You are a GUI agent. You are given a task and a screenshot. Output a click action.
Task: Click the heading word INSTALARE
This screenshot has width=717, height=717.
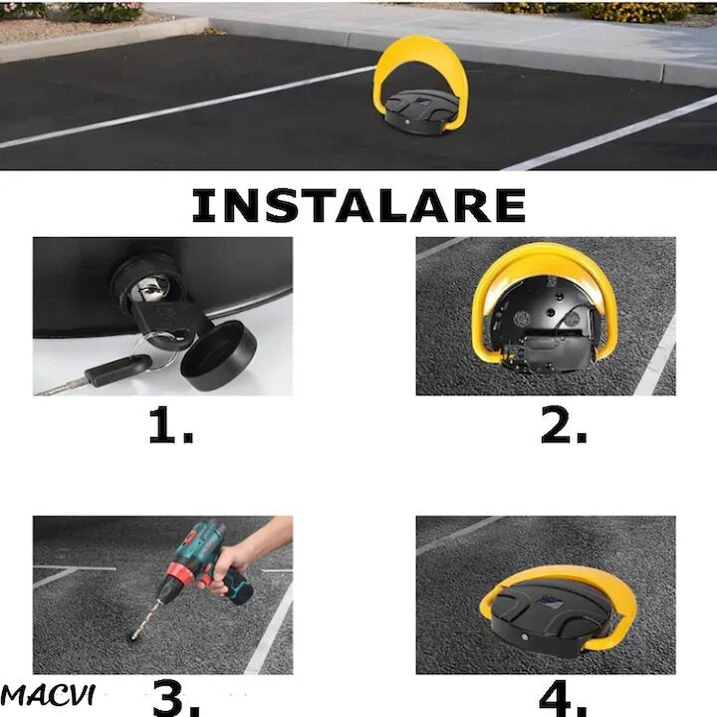coord(358,205)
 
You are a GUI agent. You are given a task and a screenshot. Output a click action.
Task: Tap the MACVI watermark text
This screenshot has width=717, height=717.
coord(48,695)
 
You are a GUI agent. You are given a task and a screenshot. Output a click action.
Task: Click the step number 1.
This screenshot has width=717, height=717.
coord(171,425)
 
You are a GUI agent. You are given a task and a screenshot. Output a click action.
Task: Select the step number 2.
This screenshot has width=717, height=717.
coord(564,425)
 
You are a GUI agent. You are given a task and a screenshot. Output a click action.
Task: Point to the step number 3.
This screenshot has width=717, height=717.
coord(175,699)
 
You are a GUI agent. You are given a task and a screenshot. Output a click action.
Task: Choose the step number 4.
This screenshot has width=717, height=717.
coord(564,699)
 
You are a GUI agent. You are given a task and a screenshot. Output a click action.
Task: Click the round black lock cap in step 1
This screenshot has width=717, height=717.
coord(218,356)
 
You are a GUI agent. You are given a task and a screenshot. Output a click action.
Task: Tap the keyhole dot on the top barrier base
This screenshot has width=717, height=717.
coord(407,122)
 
